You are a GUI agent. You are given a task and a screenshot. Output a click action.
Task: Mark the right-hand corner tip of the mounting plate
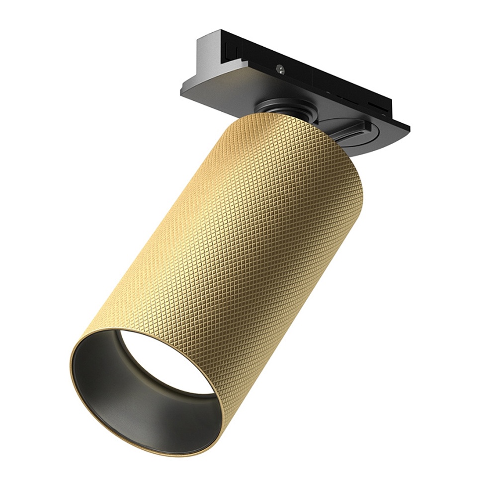click(409, 128)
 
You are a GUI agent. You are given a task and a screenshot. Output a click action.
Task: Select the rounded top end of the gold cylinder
click(278, 124)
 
